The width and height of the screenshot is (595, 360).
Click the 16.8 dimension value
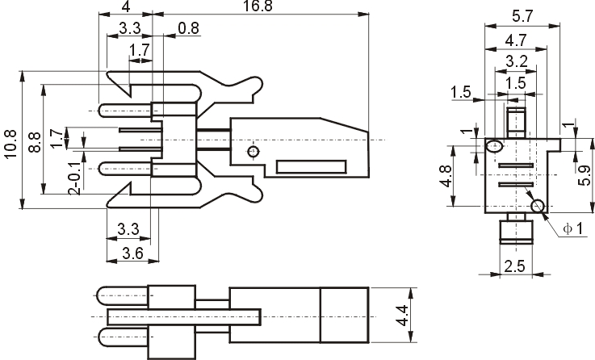pos(258,6)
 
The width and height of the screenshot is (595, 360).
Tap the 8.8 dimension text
pos(35,142)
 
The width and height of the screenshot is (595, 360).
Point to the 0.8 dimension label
pos(189,28)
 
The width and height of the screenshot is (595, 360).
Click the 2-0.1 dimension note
pos(75,178)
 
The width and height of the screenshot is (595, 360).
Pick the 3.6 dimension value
pos(132,253)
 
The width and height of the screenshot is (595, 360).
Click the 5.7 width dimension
pos(522,16)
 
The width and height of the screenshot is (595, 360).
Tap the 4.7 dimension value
pos(516,40)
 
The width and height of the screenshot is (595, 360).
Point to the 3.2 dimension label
pos(517,61)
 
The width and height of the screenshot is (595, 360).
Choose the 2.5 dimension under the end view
pos(514,266)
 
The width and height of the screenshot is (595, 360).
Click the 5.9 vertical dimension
pos(585,176)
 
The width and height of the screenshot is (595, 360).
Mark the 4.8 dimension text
pos(446,177)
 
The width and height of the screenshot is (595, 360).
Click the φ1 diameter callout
pos(572,228)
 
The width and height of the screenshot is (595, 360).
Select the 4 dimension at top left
pos(126,6)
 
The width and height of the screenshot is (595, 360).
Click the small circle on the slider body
pos(254,152)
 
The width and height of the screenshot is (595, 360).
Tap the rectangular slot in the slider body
pos(311,167)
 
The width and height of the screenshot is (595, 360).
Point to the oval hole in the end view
pos(495,146)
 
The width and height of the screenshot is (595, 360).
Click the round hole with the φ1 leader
pos(538,207)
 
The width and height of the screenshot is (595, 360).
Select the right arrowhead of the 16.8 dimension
pos(363,15)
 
